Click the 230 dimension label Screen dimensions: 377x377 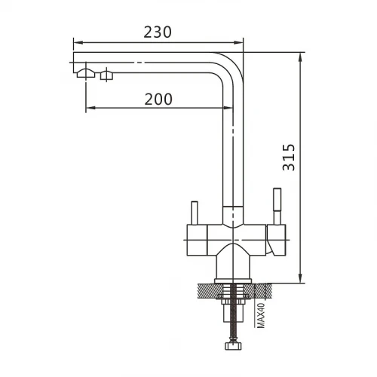tap(158, 32)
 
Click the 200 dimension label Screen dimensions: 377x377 tap(158, 100)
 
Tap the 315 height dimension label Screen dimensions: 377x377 tap(289, 158)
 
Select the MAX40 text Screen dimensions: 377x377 tap(262, 315)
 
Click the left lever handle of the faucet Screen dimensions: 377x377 tap(195, 213)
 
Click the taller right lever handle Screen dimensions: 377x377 tap(277, 206)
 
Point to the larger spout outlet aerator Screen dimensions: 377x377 tap(86, 73)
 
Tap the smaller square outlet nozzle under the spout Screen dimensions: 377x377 tap(106, 75)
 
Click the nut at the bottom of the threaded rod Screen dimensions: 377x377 tap(233, 345)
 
